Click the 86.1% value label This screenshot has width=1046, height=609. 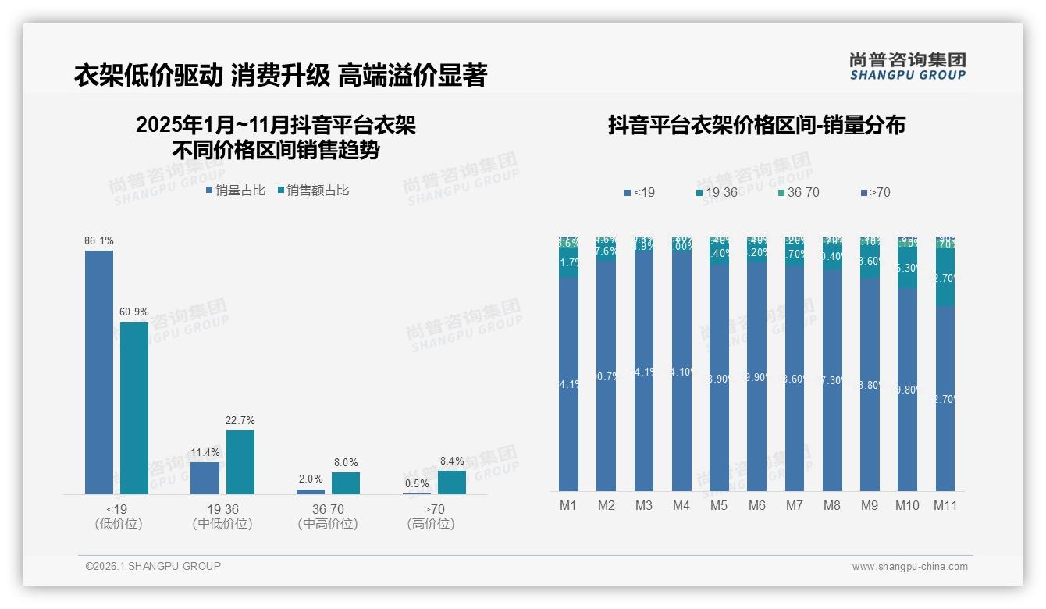point(99,241)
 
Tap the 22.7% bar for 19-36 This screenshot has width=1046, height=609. point(240,461)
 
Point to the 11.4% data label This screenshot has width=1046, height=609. point(205,453)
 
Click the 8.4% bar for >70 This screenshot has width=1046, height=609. point(451,483)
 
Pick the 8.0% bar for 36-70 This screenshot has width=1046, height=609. point(346,483)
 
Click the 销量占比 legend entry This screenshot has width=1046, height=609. point(236,191)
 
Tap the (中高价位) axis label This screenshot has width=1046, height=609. point(328,524)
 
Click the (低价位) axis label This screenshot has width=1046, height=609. point(118,524)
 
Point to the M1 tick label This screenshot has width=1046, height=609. point(568,505)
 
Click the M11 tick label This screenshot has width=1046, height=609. point(945,505)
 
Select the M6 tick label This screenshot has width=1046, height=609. point(756,505)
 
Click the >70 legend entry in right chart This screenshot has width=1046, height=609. point(874,192)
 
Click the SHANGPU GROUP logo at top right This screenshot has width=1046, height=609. point(907,66)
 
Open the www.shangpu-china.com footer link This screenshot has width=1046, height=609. point(909,567)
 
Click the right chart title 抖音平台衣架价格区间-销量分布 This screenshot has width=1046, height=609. point(756,126)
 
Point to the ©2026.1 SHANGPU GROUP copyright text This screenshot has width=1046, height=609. point(153,566)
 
